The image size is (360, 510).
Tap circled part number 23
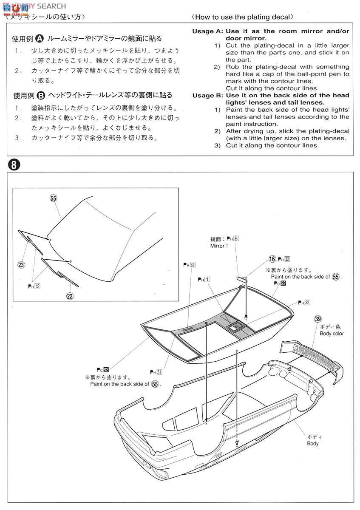point(21,265)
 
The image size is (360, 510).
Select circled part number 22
point(70,296)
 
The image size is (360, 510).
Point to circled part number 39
point(317,319)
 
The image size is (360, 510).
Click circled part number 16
point(272,259)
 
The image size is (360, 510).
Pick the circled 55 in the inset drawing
point(53,198)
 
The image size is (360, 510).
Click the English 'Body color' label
point(331,334)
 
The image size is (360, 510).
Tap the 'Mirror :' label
point(219,246)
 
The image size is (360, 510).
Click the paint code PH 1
point(204,279)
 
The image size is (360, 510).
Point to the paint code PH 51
point(156,372)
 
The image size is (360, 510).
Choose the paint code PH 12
point(34,286)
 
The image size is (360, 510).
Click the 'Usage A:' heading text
point(207,31)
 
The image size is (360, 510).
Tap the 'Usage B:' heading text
point(207,96)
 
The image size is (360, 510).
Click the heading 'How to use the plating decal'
point(242,17)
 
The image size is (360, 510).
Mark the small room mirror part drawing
point(241,278)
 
